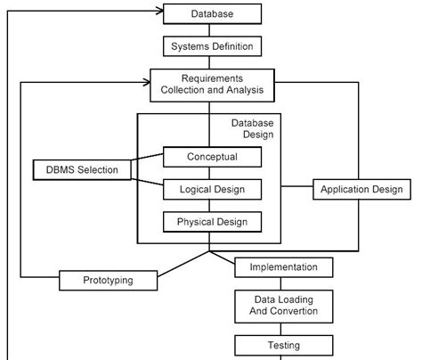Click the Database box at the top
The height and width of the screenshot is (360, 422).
point(212,13)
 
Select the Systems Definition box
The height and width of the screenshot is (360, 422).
point(212,46)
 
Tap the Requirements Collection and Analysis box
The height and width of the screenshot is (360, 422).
point(212,86)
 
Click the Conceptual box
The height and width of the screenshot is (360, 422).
point(212,157)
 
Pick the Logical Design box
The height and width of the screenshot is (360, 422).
point(212,189)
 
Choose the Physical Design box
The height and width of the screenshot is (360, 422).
point(212,222)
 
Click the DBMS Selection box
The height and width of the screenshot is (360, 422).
point(82,170)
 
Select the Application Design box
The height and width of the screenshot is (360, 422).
point(361,189)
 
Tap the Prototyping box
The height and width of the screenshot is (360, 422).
point(108,280)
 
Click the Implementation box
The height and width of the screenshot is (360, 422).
point(284,267)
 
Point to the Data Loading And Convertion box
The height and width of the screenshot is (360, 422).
point(284,307)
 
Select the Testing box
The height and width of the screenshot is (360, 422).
point(284,346)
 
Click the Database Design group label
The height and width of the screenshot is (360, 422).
point(252,128)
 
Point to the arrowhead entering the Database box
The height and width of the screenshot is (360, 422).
point(159,11)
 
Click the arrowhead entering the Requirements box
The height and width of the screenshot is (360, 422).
point(147,82)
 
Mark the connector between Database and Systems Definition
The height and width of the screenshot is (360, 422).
point(209,30)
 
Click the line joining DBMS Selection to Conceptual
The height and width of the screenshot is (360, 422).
point(147,157)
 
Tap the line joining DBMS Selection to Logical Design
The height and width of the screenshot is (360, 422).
point(147,182)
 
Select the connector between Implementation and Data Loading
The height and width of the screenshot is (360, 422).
point(280,284)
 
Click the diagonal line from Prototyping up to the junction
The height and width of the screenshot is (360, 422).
point(183,265)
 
